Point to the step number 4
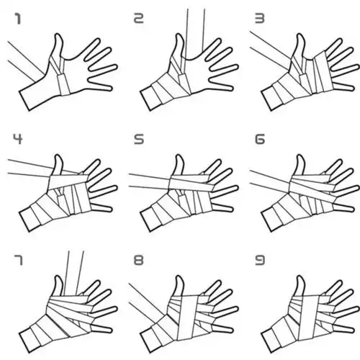click(15, 138)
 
